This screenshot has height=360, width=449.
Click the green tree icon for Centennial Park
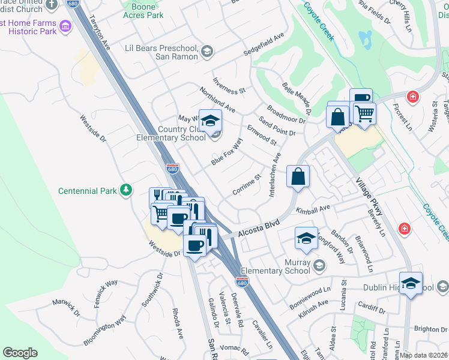tap(125, 190)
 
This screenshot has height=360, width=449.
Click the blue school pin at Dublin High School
tap(411, 284)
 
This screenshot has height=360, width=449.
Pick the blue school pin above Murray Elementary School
tap(306, 239)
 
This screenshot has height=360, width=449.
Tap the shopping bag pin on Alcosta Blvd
tap(298, 177)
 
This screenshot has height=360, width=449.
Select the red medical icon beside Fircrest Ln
tap(412, 97)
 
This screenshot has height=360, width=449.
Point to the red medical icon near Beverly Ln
tap(405, 229)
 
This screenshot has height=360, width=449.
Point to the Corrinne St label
tap(247, 185)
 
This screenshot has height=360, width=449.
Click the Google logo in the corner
tap(20, 352)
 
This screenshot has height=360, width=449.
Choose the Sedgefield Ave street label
tap(264, 45)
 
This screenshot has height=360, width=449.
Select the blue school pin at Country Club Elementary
tap(210, 121)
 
